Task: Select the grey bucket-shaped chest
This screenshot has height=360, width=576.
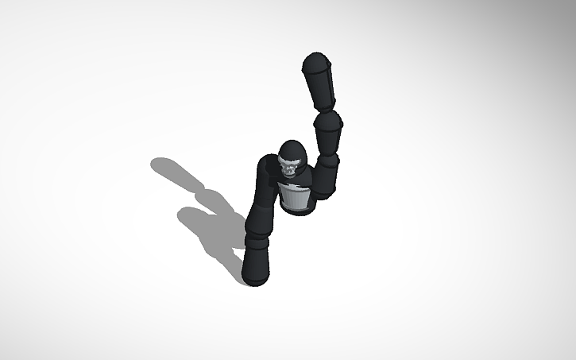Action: (x=296, y=199)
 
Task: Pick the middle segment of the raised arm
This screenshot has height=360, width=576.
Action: (x=327, y=131)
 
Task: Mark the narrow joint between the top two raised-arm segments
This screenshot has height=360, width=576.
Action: (x=326, y=109)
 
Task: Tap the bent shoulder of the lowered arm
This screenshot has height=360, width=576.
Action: (x=267, y=170)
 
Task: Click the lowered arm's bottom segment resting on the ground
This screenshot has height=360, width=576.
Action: (x=257, y=262)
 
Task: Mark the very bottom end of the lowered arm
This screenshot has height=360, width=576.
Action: (x=253, y=280)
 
